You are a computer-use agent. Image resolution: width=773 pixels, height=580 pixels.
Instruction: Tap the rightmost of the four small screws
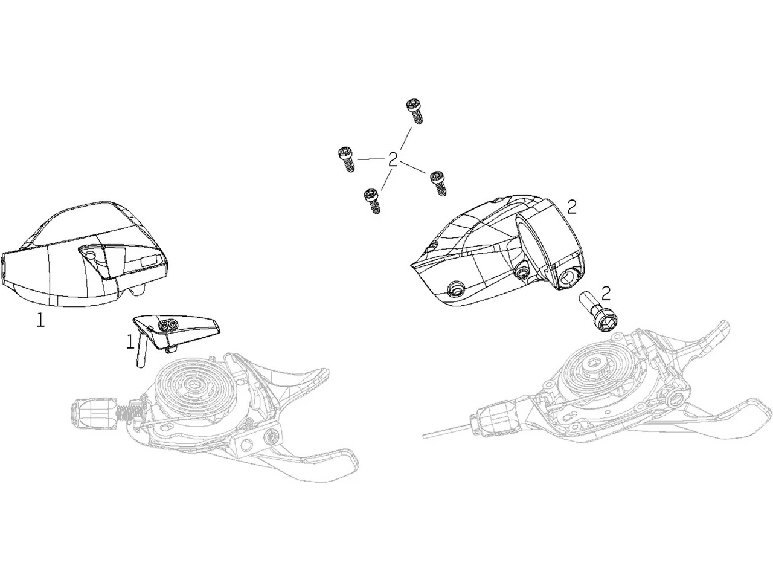click(x=439, y=184)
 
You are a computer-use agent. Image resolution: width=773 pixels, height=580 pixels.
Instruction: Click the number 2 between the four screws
click(x=393, y=160)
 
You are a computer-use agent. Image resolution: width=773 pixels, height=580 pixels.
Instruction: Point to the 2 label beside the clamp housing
click(x=572, y=208)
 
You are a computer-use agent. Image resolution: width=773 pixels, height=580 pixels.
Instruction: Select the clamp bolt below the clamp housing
click(x=598, y=315)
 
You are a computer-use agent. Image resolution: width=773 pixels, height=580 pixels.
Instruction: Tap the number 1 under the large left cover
click(x=41, y=320)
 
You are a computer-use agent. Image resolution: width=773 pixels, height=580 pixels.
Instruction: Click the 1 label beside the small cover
click(x=130, y=341)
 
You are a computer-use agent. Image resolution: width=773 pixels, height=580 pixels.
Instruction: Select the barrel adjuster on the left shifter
click(x=94, y=413)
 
